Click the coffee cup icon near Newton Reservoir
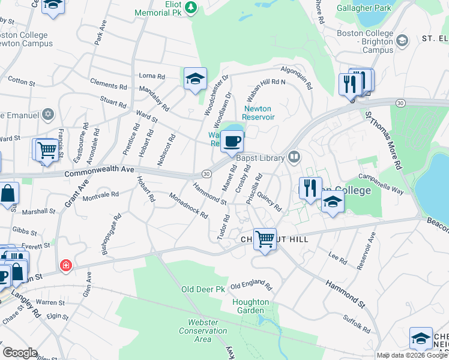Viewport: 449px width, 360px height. tap(232, 142)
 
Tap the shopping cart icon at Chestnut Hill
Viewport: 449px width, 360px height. tap(264, 239)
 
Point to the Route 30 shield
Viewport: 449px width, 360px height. tap(206, 173)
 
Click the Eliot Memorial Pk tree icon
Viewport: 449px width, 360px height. tap(191, 7)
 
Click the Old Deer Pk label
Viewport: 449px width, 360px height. tap(203, 289)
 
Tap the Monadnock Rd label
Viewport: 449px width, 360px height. tap(188, 206)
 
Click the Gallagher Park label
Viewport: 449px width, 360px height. tap(367, 8)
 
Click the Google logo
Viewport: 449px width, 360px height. tap(20, 352)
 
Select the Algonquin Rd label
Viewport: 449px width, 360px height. tap(297, 77)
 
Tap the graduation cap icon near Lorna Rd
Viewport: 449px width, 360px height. tap(195, 79)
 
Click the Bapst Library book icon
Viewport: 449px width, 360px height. tap(294, 157)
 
